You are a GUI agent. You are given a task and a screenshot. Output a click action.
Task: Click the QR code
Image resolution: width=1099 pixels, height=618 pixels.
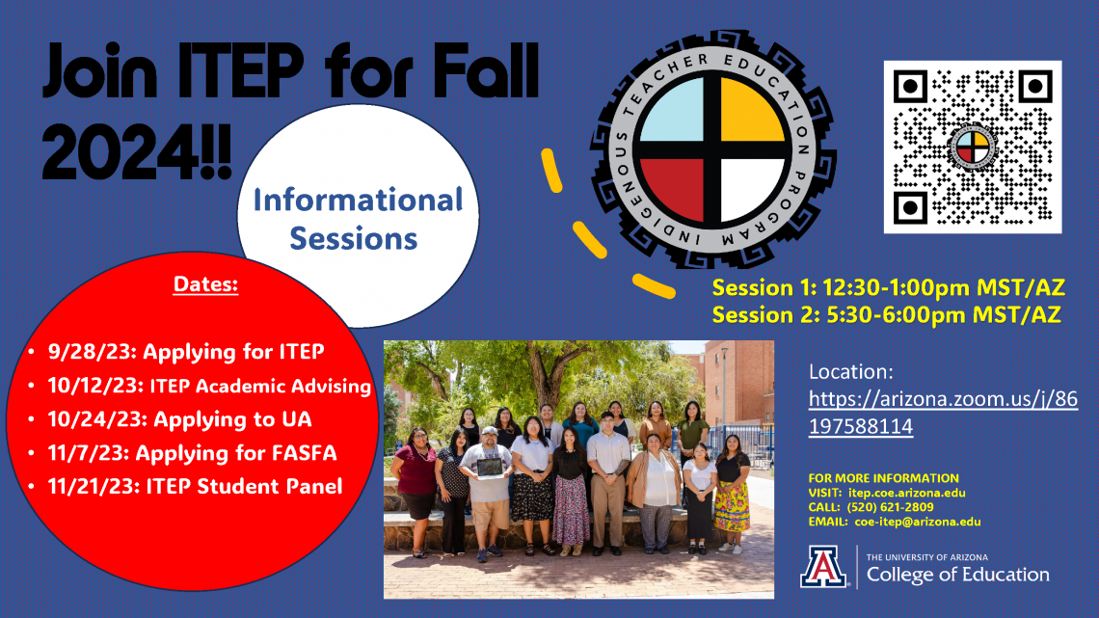pos(972,147)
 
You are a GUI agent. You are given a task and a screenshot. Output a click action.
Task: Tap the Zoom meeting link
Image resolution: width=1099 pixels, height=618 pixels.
pos(943,412)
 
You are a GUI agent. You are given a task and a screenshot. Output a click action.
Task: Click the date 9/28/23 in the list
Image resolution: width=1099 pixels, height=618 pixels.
pos(92,351)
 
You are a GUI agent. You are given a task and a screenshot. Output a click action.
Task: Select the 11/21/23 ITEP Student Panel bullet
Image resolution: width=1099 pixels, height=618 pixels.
pos(195,486)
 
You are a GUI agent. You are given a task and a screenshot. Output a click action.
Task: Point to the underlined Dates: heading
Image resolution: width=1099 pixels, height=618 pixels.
pos(205,283)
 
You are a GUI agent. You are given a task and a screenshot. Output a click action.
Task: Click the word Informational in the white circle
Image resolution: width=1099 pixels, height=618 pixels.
pos(359,200)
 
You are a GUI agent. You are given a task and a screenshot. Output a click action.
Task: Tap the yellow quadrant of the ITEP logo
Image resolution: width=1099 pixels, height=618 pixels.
pos(752,110)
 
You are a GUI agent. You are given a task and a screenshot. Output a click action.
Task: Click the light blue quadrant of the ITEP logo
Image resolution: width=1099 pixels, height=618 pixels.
pos(673,111)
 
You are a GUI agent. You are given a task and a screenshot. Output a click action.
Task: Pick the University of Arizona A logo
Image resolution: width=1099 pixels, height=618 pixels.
pos(823,566)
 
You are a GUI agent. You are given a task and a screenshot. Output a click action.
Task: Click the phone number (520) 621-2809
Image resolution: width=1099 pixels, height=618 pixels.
pos(890,507)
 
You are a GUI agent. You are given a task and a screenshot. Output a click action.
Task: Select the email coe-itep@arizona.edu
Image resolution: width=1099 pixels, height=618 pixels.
pos(918,522)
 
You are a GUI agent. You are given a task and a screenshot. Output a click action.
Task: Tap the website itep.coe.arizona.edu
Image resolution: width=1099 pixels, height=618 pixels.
pos(907,493)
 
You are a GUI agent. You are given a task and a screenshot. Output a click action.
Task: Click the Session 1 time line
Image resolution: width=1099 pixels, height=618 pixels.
pos(889,287)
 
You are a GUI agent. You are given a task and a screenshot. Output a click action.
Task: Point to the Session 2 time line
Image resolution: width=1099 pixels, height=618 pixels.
pos(887,314)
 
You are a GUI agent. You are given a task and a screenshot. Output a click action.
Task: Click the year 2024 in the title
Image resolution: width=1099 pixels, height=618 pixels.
pos(121,151)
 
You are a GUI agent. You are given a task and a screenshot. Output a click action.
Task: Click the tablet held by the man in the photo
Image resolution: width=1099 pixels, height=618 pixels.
pos(489,466)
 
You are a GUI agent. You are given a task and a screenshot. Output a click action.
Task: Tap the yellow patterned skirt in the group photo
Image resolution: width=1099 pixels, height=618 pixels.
pos(732,505)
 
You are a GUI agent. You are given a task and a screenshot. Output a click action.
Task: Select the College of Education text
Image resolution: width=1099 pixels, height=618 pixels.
pos(958,575)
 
